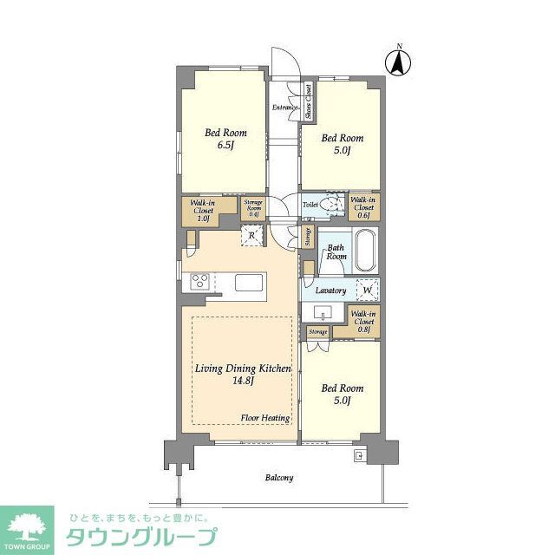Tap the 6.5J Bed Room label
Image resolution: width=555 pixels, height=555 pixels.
[225, 139]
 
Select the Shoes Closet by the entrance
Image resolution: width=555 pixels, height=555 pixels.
[308, 101]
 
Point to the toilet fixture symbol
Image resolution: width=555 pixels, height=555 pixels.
[328, 205]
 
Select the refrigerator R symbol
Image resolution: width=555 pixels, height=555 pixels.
[251, 236]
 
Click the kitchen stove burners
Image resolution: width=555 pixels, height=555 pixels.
[199, 281]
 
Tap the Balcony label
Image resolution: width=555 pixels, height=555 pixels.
[278, 478]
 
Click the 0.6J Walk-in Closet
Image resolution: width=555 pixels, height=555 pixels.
[362, 206]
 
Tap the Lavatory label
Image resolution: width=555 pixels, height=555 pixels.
[331, 291]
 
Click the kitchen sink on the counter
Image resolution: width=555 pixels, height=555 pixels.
[248, 283]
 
